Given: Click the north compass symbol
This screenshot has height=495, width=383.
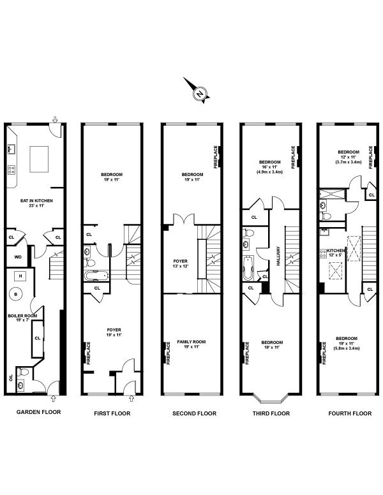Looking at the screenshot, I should [x=200, y=93].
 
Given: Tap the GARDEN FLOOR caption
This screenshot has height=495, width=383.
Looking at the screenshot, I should [x=38, y=412].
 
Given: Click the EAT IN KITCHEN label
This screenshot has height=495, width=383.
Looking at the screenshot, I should [x=36, y=200].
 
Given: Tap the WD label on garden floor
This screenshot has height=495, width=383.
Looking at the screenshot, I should [x=17, y=258].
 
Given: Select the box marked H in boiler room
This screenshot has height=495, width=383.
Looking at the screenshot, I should [x=21, y=275].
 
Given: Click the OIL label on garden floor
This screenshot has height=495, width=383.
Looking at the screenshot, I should [x=11, y=378].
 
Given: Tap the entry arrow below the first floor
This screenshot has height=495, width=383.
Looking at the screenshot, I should [x=131, y=401].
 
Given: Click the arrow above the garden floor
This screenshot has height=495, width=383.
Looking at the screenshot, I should [x=56, y=119].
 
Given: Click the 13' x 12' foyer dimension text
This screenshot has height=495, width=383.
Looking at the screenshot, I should [x=190, y=266].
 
